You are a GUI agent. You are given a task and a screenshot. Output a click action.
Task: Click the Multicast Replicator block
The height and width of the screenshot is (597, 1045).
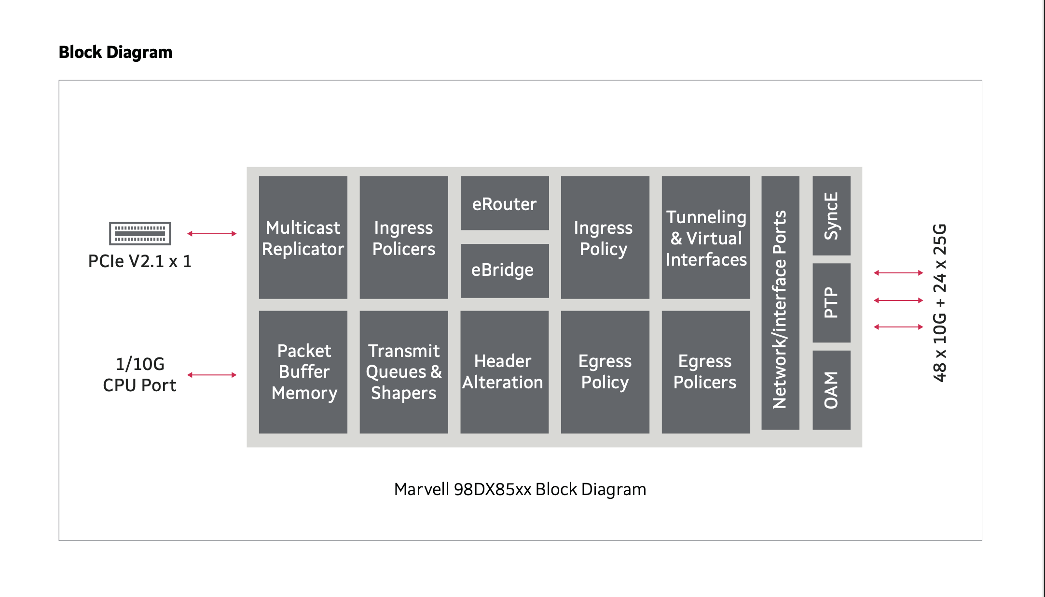pos(303,238)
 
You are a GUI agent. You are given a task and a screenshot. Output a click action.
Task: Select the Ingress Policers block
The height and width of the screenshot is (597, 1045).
pos(404,238)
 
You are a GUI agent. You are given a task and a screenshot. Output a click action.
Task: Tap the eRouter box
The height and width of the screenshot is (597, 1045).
pos(505,203)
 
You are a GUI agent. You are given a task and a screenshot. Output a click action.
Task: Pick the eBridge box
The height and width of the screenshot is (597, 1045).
pos(505,270)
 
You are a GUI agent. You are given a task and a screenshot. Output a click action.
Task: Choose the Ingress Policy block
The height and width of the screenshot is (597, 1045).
pos(605,238)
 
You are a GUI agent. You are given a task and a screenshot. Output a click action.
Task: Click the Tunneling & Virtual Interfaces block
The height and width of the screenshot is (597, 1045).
pos(706,238)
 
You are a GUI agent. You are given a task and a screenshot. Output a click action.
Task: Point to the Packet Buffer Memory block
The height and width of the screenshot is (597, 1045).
pos(303,372)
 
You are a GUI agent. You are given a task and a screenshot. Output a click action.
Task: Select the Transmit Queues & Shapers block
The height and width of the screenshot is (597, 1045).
pos(404,372)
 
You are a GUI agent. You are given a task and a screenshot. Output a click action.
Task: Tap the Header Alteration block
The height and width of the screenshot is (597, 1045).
pos(505,372)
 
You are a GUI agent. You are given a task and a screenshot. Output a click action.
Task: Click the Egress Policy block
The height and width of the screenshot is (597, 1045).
pos(605,372)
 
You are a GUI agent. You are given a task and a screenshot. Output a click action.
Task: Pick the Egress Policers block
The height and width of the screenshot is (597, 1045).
pos(706,372)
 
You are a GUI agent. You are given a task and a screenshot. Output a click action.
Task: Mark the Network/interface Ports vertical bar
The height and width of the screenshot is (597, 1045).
pos(780,303)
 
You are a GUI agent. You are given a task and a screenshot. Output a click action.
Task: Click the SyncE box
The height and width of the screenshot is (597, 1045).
pos(831,216)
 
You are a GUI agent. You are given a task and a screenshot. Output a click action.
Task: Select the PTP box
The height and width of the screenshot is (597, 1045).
pos(831,303)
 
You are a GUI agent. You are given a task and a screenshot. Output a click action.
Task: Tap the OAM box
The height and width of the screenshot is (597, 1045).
pos(831,390)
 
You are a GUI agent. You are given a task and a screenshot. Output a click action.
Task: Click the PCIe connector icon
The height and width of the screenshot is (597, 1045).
pos(140,234)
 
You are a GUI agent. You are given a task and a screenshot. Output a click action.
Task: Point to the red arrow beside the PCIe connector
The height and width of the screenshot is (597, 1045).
pos(212,234)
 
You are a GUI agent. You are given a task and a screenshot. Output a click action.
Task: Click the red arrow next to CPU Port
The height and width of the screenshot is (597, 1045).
pos(212,375)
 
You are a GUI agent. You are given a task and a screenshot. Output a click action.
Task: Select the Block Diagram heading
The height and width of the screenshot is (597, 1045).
pos(115,52)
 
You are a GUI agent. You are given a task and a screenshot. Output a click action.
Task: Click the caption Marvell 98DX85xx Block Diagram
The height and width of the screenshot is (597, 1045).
pos(520,489)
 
